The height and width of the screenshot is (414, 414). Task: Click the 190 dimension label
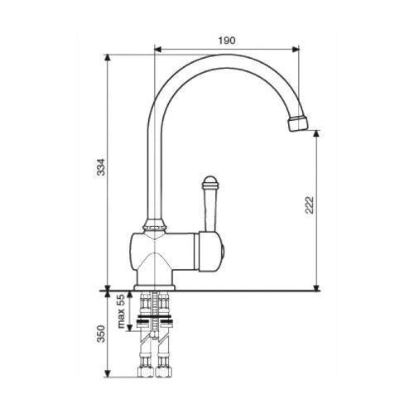227,41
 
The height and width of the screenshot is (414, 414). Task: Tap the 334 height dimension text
101,167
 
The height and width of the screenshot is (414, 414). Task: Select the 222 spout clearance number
310,205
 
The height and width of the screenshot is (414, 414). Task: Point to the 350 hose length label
101,334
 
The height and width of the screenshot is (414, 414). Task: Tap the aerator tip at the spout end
297,123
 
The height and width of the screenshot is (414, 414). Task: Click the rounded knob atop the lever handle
210,182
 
